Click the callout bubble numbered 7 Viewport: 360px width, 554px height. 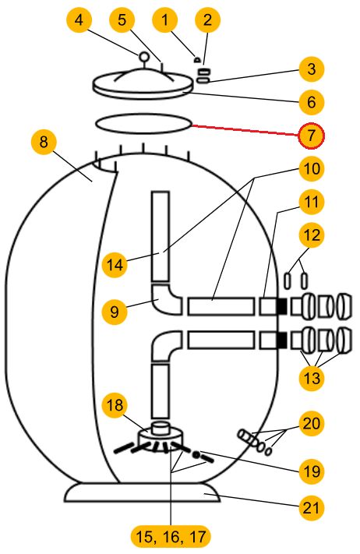tap(311, 136)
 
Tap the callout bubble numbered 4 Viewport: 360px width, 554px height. tap(79, 19)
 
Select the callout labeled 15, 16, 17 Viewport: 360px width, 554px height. tap(171, 537)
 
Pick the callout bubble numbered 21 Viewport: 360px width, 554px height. tap(311, 507)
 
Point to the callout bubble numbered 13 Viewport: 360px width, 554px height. tap(311, 379)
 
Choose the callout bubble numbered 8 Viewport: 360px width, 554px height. tap(44, 142)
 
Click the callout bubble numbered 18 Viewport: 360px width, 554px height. tap(115, 405)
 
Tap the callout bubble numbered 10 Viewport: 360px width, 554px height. tap(311, 169)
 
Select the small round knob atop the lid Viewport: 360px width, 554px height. tap(144, 57)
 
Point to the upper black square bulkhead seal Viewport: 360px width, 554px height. tap(281, 306)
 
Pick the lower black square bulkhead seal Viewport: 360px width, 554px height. tap(281, 341)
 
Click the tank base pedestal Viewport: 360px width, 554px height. tap(142, 492)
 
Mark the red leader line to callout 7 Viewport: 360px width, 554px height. tap(245, 130)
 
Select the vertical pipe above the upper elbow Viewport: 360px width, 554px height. tap(161, 236)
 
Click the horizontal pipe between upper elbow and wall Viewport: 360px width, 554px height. tap(221, 306)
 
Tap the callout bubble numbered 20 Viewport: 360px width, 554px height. tap(311, 423)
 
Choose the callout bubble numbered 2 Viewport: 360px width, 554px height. tap(208, 19)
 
